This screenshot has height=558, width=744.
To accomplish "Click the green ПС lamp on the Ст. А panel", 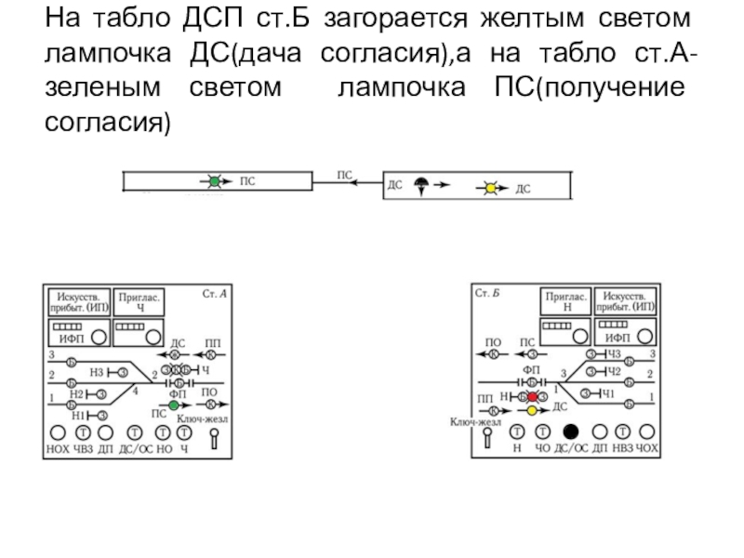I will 173,405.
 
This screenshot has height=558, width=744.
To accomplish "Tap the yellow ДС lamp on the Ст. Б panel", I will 531,410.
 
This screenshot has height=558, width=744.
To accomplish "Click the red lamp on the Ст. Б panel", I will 532,397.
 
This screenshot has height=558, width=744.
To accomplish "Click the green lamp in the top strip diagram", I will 214,183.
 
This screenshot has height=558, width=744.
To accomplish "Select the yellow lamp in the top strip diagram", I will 491,189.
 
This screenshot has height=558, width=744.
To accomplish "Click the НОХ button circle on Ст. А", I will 57,432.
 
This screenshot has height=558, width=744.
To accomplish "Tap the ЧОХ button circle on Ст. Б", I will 648,432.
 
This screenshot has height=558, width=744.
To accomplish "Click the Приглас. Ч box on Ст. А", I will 139,301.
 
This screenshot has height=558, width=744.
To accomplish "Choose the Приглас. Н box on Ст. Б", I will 565,301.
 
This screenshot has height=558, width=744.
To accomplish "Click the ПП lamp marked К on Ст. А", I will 211,355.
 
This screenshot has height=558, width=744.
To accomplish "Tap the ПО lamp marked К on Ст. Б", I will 494,355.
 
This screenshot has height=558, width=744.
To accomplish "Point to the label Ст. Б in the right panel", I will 487,293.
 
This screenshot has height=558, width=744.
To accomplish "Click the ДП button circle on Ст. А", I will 106,432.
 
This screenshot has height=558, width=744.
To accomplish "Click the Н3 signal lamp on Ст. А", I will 123,373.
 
